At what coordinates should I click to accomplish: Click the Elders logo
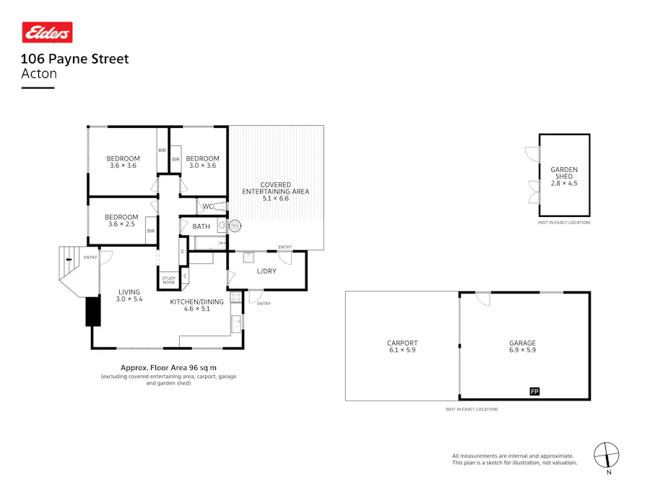[x=47, y=33]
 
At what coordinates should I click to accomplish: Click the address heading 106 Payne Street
[x=74, y=59]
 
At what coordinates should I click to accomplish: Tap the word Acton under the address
[x=39, y=73]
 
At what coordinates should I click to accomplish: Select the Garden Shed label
[x=564, y=173]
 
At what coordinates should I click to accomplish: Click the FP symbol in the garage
[x=535, y=392]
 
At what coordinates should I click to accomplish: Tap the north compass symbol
[x=607, y=455]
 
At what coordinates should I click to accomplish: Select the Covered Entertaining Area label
[x=275, y=188]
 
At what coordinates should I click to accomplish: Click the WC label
[x=208, y=206]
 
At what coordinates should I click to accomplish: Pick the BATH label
[x=201, y=226]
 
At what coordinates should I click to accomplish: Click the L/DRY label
[x=266, y=272]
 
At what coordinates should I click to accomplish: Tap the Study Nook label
[x=169, y=280]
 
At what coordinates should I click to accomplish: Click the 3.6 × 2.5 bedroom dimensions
[x=121, y=224]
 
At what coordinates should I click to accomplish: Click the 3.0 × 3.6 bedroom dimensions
[x=202, y=166]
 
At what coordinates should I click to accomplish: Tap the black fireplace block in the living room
[x=92, y=312]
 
